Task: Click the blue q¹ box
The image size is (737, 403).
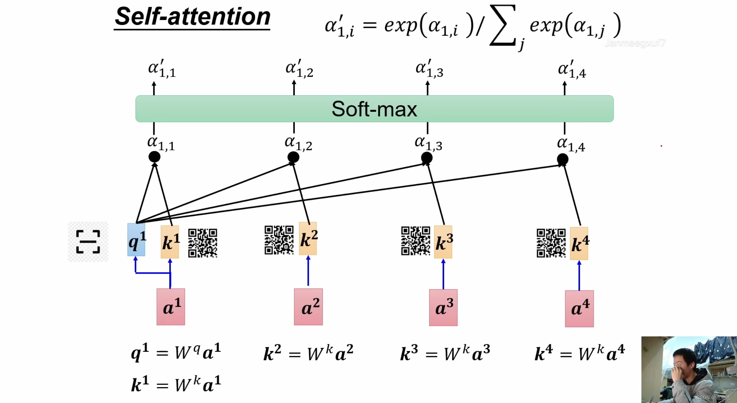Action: pos(136,240)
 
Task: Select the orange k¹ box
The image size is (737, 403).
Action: pos(170,242)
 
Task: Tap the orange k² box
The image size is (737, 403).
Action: pos(308,239)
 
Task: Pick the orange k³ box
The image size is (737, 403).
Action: pos(443,242)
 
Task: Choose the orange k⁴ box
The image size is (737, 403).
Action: pos(579,244)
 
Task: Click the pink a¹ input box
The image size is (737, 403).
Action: pos(171,307)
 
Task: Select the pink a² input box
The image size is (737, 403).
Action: pos(308,307)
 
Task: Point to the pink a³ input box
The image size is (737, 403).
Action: pos(443,308)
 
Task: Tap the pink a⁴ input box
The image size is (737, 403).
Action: pos(579,309)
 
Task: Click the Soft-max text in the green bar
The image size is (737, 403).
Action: pos(374,109)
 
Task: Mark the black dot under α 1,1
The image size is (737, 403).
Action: pos(154,157)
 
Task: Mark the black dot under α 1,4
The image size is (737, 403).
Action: pos(562,159)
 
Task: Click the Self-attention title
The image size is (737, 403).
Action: pos(192,17)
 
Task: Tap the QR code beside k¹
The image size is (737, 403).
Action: pos(203,243)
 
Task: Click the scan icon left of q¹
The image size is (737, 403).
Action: pos(88,242)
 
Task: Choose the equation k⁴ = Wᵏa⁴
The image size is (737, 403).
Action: pos(580,353)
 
